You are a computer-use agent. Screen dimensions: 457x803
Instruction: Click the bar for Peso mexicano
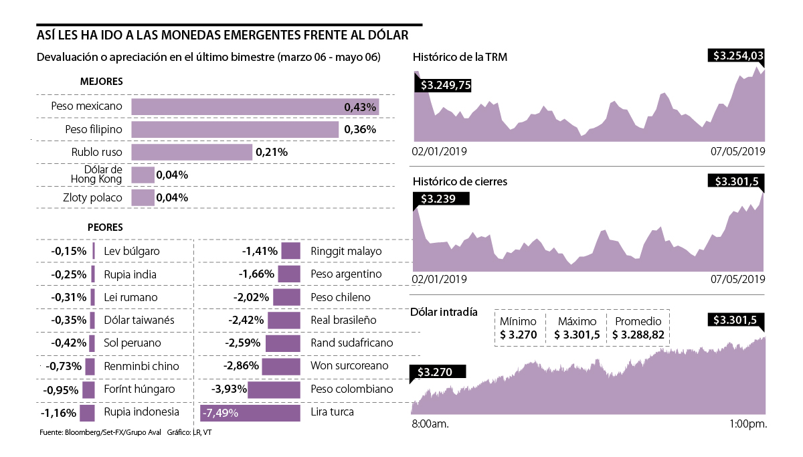[255, 106]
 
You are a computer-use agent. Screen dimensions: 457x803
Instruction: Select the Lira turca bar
[250, 413]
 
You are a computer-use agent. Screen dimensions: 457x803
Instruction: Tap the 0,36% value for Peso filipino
[360, 129]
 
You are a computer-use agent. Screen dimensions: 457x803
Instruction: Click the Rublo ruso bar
[191, 152]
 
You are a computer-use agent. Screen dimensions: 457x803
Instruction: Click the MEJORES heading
[101, 82]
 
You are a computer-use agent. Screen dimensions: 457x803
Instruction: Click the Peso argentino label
[346, 274]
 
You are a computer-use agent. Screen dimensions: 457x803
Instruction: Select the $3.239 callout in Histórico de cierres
[441, 199]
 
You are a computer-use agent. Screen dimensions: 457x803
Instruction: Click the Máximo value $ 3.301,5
[577, 335]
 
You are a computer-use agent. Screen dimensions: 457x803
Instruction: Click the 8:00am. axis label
[430, 424]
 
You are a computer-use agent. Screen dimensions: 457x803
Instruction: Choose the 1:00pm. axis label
[747, 424]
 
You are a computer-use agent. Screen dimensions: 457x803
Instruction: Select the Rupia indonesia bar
[87, 412]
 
